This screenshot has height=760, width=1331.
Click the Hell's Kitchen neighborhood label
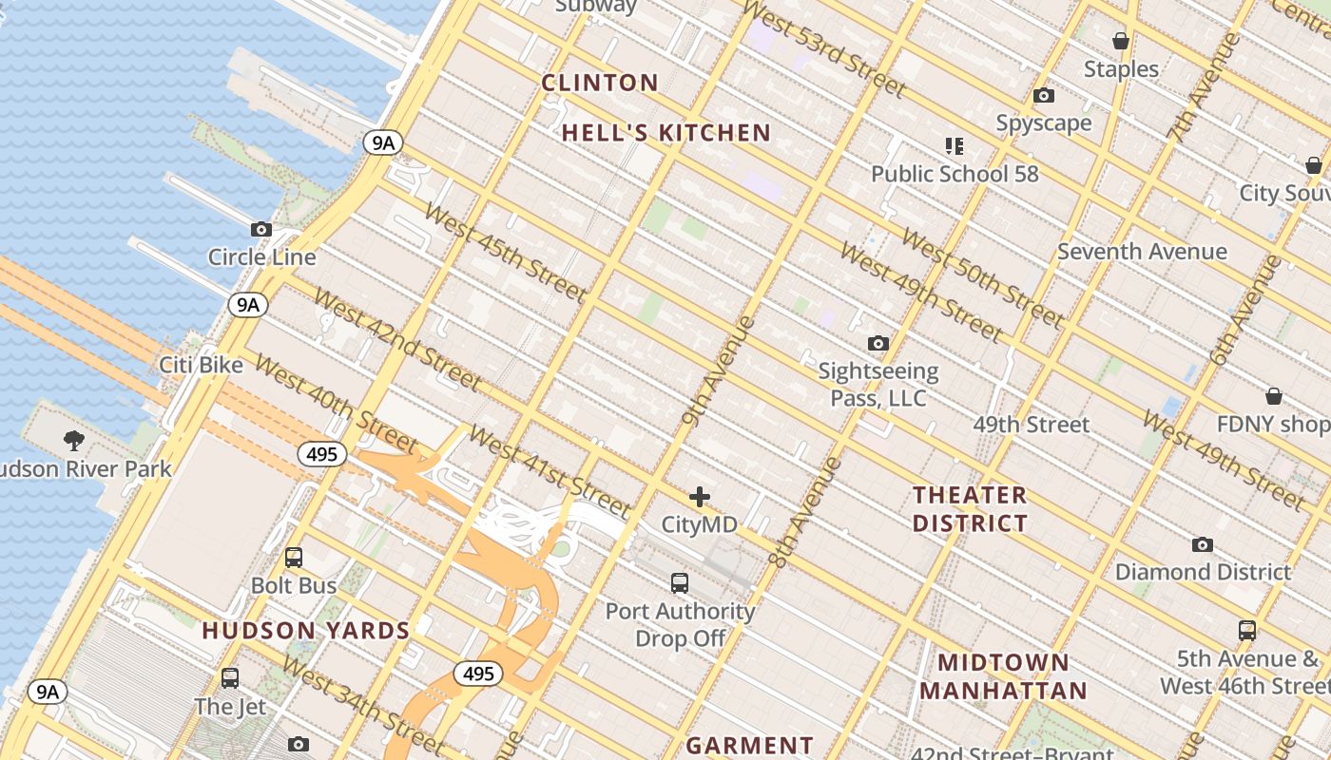665,133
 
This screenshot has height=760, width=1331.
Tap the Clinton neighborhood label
600,83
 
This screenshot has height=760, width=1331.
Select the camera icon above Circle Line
261,229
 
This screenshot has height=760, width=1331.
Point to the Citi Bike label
201,365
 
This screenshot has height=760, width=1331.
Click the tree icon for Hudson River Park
73,440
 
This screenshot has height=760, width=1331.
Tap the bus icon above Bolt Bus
294,558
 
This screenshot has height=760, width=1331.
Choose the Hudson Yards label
306,630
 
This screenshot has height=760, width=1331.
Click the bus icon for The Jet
230,678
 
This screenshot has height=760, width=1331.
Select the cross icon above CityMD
700,497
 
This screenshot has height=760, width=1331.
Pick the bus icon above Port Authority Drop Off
680,583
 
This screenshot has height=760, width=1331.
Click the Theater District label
970,509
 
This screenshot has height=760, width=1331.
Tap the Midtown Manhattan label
1003,676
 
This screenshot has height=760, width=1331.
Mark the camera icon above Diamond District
1203,544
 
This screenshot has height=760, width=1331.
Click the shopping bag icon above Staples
1121,41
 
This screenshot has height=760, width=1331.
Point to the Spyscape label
1043,123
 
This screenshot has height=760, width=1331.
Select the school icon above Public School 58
955,146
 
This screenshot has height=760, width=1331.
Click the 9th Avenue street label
719,370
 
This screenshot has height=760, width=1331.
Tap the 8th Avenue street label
804,513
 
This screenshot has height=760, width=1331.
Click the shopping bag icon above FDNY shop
1274,396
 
